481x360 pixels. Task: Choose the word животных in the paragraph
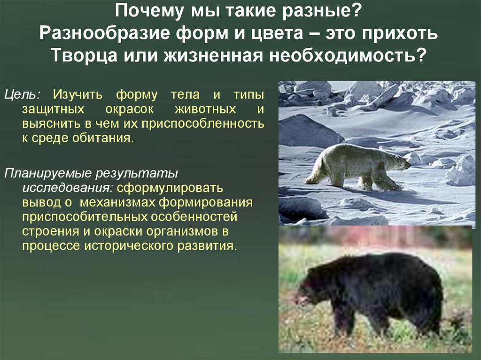tap(207, 109)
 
